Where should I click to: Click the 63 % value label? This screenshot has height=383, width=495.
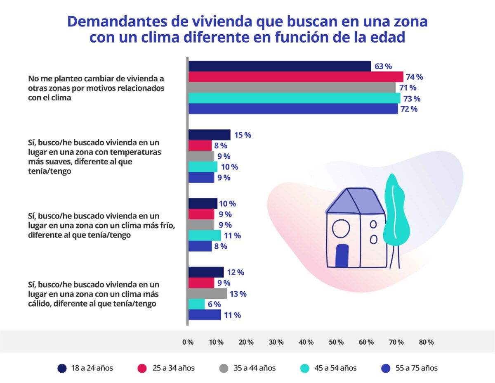pyautogui.click(x=383, y=66)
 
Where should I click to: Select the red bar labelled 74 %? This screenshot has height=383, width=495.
pyautogui.click(x=295, y=77)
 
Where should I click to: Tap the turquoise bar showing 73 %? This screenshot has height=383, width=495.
pyautogui.click(x=294, y=98)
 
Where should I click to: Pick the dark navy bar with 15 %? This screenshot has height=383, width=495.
pyautogui.click(x=209, y=135)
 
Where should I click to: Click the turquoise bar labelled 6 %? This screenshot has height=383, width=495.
pyautogui.click(x=196, y=304)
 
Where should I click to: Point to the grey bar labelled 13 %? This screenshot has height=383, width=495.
pyautogui.click(x=207, y=294)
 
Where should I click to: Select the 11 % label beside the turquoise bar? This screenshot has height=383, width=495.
pyautogui.click(x=232, y=236)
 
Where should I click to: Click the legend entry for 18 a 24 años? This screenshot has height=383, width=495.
pyautogui.click(x=85, y=368)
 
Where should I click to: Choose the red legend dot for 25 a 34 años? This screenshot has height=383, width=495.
pyautogui.click(x=142, y=368)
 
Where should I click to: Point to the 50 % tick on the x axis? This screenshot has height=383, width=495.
pyautogui.click(x=337, y=342)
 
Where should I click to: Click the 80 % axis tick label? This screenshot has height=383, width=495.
pyautogui.click(x=426, y=342)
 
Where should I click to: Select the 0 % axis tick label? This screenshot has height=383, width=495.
pyautogui.click(x=188, y=342)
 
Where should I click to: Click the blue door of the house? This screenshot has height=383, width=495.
pyautogui.click(x=342, y=255)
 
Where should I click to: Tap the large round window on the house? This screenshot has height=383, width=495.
pyautogui.click(x=341, y=229)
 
